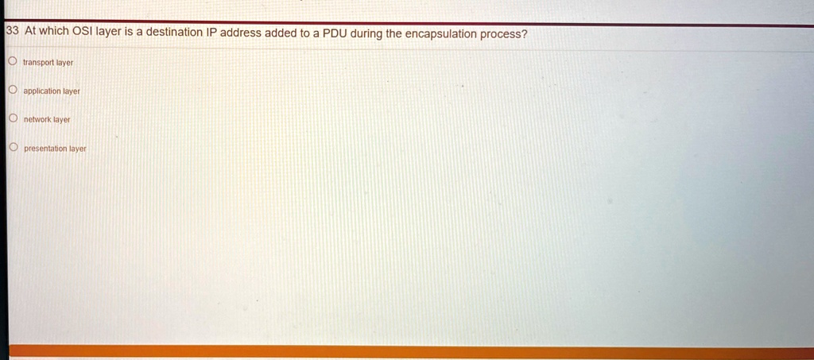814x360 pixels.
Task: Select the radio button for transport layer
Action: pyautogui.click(x=12, y=61)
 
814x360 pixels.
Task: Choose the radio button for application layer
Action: pyautogui.click(x=12, y=91)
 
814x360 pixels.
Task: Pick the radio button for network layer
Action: pyautogui.click(x=12, y=118)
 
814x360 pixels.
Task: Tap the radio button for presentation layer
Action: pyautogui.click(x=12, y=148)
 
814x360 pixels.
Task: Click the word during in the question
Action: pyautogui.click(x=367, y=33)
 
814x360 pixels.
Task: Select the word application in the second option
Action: pyautogui.click(x=42, y=91)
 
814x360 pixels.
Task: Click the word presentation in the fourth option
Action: pyautogui.click(x=45, y=149)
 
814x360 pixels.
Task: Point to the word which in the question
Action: pyautogui.click(x=54, y=32)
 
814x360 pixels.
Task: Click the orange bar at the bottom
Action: pyautogui.click(x=407, y=351)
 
